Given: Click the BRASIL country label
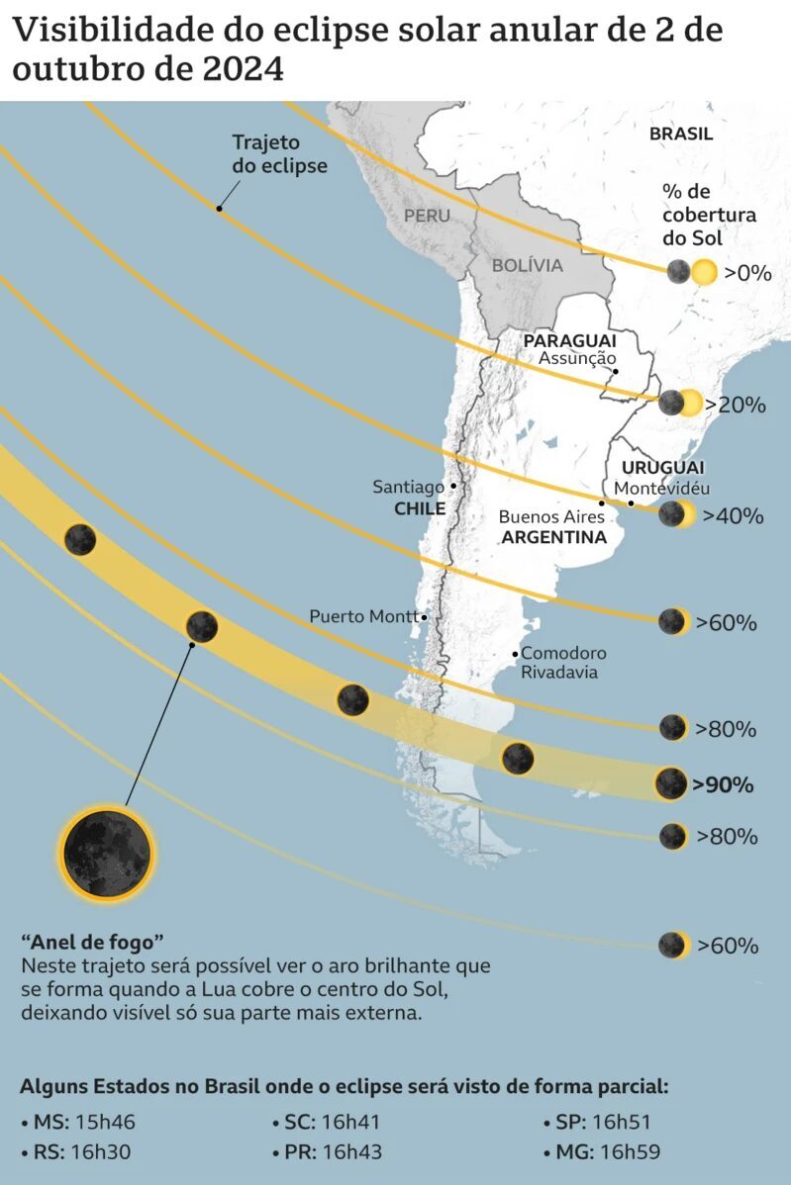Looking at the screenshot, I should (681, 135).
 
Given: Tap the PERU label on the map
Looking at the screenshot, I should (427, 216).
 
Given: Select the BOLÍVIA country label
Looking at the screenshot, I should (528, 265).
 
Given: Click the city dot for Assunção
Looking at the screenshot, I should (616, 372).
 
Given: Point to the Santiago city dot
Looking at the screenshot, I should (453, 486).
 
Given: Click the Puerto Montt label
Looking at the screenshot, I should (362, 616).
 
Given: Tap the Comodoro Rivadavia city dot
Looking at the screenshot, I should (515, 654).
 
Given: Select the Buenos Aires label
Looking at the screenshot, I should (551, 516).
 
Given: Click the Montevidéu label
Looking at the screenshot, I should (661, 489).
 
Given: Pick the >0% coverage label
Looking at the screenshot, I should (746, 273).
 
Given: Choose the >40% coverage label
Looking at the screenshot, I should (733, 515).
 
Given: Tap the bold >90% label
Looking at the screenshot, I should (723, 785).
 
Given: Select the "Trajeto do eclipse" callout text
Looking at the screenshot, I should (279, 154).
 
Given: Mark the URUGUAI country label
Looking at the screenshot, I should (662, 467).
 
